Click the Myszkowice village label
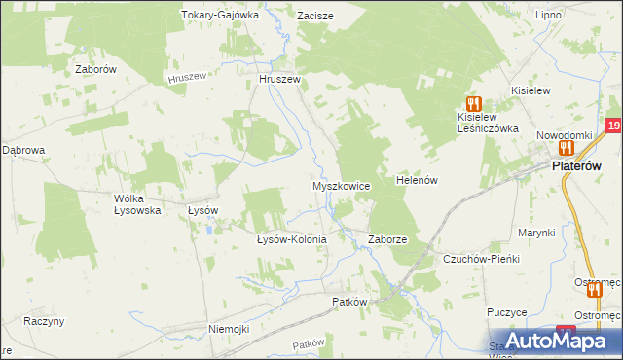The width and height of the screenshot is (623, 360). click(x=341, y=185)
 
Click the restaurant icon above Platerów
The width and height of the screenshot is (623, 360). click(x=565, y=148)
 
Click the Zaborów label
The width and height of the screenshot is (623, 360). click(x=96, y=70)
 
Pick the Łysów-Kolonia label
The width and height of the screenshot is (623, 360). click(x=290, y=238)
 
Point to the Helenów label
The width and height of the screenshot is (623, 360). click(x=419, y=180)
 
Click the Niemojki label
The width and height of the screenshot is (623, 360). click(x=230, y=329)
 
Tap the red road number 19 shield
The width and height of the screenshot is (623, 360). click(x=612, y=126)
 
